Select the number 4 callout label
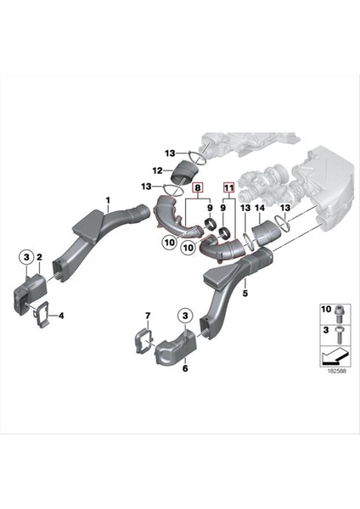point(60,318)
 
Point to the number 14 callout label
point(261,209)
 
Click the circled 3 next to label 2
point(25,257)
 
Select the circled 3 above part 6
point(183,316)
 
